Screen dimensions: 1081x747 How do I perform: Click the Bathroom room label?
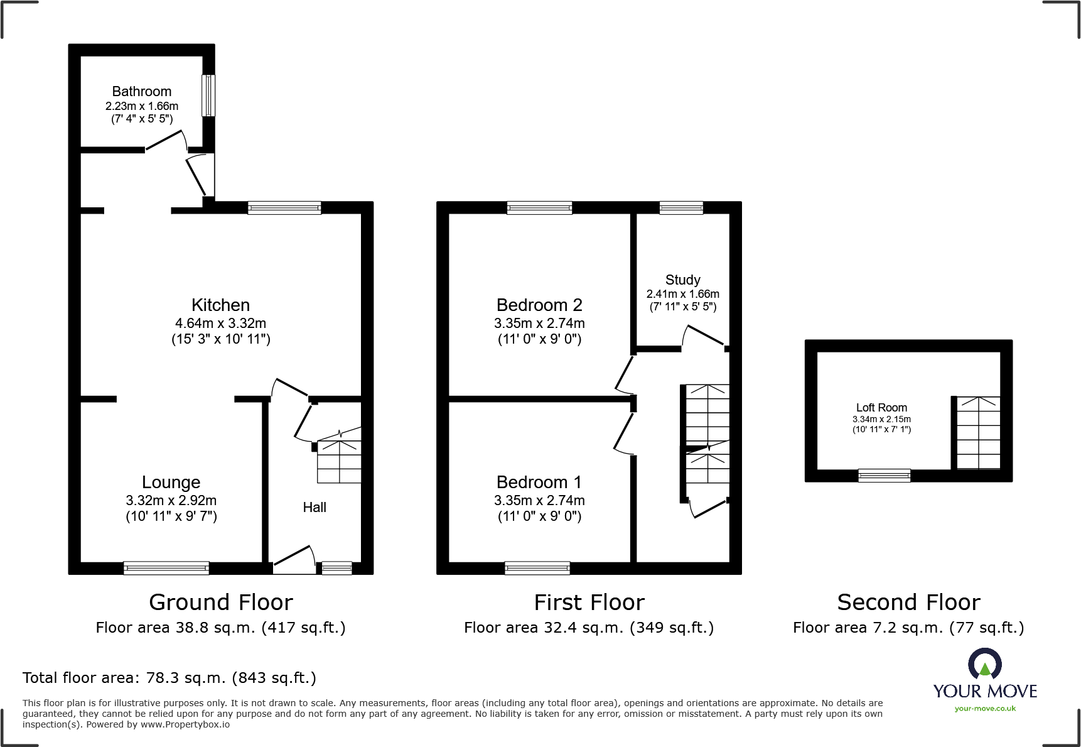pos(142,92)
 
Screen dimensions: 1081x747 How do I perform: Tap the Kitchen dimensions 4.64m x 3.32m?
pos(220,324)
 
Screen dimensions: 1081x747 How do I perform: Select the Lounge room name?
pos(171,482)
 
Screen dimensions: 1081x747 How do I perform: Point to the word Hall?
pos(315,507)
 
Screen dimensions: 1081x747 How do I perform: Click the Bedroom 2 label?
pos(539,305)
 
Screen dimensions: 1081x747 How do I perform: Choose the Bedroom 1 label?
pos(539,482)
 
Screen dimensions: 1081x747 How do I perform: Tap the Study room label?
pos(683,280)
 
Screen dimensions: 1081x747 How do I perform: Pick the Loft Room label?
pos(881,408)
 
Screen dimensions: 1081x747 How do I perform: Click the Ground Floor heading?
pos(221,603)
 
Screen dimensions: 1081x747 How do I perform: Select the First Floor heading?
pos(589,603)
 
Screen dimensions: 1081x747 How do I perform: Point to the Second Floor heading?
pos(908,603)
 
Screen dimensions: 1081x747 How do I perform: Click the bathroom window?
pos(208,95)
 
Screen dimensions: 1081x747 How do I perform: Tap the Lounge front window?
pos(166,568)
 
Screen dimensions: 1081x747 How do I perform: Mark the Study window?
pos(681,208)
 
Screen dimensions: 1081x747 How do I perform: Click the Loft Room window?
pos(885,476)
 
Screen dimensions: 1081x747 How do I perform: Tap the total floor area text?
pos(169,678)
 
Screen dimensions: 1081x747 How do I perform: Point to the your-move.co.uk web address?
pos(985,709)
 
